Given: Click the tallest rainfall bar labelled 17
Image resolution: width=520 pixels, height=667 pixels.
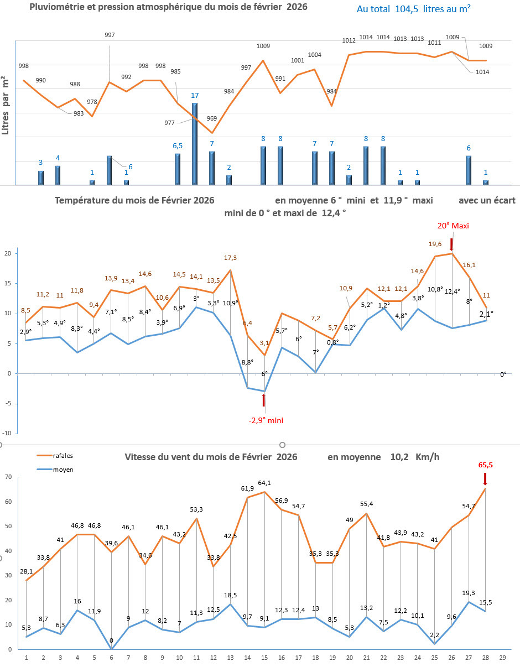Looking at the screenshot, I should pyautogui.click(x=195, y=144).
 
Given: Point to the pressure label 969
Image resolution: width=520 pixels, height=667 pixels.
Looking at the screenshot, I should pyautogui.click(x=212, y=118).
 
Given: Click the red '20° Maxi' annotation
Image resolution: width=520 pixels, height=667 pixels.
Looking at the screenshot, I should pyautogui.click(x=452, y=226).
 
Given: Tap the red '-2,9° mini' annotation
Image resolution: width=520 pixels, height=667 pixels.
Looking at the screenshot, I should pyautogui.click(x=266, y=420).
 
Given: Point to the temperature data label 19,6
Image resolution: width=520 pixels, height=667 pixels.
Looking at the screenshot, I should pyautogui.click(x=435, y=244).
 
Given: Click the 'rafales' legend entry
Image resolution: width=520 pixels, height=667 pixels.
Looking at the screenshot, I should pyautogui.click(x=63, y=456).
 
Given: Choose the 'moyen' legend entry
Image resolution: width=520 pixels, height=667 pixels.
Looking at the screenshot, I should pyautogui.click(x=63, y=470).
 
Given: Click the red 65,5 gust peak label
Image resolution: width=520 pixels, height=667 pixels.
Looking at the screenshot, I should pyautogui.click(x=485, y=466).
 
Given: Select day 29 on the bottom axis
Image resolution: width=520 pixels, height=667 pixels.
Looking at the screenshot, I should pyautogui.click(x=502, y=658).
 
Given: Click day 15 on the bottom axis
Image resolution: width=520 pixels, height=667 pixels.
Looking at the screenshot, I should pyautogui.click(x=264, y=658).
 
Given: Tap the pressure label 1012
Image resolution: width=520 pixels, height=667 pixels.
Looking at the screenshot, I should pyautogui.click(x=349, y=40).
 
